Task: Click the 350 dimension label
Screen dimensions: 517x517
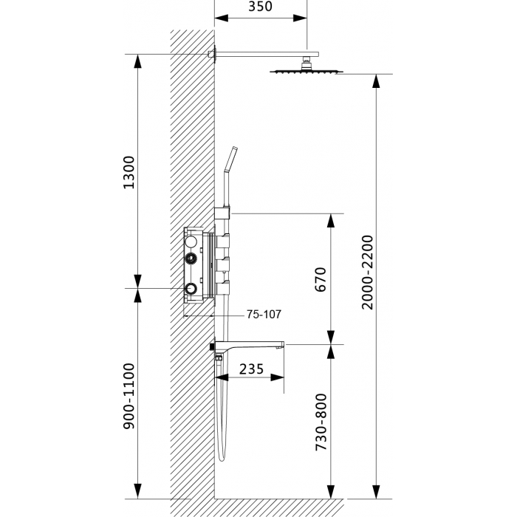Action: click(260, 6)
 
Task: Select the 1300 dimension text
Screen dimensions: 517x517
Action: click(129, 172)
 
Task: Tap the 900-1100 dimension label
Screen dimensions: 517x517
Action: click(129, 396)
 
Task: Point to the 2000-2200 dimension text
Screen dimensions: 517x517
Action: click(367, 273)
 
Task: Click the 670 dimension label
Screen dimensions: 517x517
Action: click(321, 279)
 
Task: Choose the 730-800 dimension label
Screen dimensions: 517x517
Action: click(321, 422)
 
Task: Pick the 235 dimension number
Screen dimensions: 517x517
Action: click(252, 369)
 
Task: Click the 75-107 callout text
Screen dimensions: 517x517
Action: click(264, 314)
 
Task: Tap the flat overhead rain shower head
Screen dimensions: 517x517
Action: click(307, 71)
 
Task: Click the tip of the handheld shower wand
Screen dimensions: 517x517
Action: click(235, 148)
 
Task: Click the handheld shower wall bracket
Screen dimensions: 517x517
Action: click(222, 213)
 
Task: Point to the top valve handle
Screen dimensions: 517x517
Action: click(223, 241)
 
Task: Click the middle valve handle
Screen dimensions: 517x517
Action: click(223, 264)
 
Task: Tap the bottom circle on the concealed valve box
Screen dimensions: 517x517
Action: click(191, 289)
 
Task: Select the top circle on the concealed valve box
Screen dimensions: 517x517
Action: click(191, 242)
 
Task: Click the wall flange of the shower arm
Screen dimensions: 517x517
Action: click(215, 54)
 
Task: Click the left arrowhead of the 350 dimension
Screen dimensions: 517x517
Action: click(222, 18)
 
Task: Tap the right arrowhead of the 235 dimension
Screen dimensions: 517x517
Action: click(277, 377)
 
